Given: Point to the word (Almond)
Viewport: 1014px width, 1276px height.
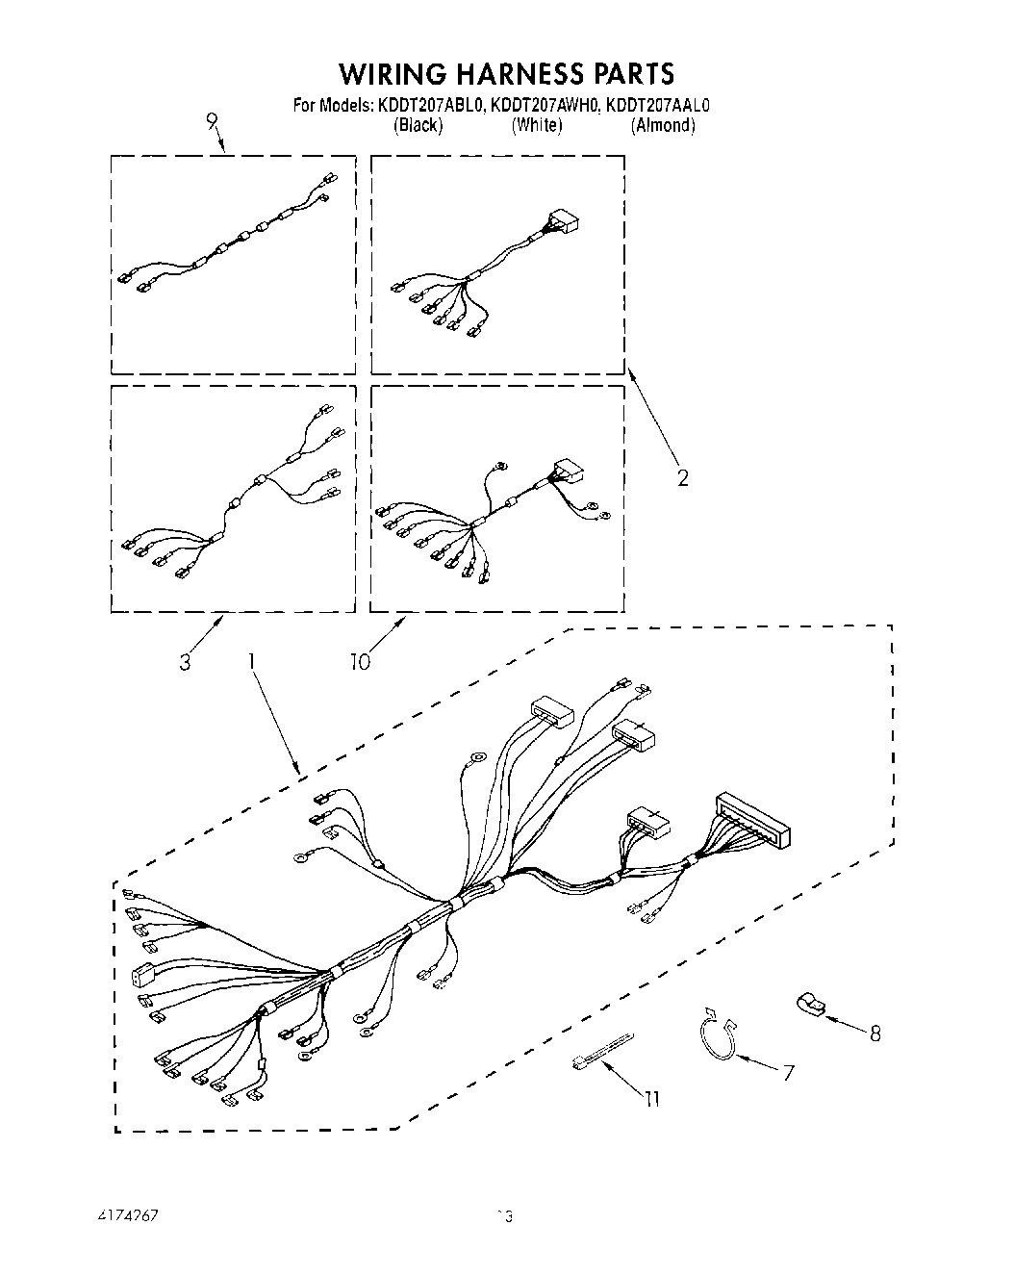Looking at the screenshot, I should [x=663, y=125].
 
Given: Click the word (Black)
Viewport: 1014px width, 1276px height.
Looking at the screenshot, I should [x=418, y=125].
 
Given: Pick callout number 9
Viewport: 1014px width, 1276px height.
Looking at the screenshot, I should [x=212, y=121].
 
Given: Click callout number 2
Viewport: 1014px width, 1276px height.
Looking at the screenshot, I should [x=682, y=476].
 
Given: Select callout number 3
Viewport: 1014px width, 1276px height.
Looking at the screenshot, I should [x=185, y=662].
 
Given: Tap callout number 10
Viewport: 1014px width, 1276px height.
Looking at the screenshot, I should [x=360, y=662].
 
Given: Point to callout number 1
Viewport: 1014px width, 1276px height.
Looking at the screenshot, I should [x=252, y=661].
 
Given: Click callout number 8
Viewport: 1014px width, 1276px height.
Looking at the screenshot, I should [x=875, y=1034].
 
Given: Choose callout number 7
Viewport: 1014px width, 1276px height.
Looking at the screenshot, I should [x=788, y=1072].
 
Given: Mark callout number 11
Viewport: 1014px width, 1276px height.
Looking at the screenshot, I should [x=652, y=1098].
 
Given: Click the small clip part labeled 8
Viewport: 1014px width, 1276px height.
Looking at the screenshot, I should [x=808, y=1005].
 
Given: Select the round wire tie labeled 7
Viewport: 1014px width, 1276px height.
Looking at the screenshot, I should [x=717, y=1035].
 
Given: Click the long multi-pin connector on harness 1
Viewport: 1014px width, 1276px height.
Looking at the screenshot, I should [x=754, y=821].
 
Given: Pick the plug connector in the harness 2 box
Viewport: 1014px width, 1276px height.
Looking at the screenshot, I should [x=567, y=224].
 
